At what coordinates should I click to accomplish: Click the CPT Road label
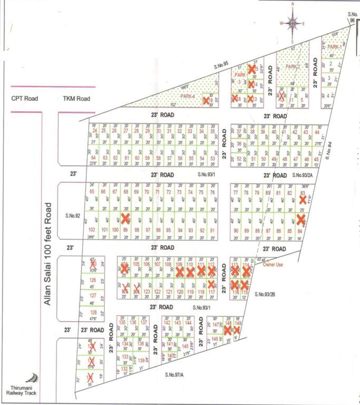pyautogui.click(x=25, y=99)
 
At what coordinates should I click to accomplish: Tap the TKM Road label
pyautogui.click(x=76, y=99)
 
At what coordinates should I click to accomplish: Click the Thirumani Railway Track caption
pyautogui.click(x=20, y=390)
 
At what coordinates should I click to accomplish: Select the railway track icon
pyautogui.click(x=35, y=378)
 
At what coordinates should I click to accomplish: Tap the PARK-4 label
pyautogui.click(x=188, y=96)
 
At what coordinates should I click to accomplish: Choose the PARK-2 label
pyautogui.click(x=293, y=67)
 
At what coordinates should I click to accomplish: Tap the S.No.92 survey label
pyautogui.click(x=74, y=215)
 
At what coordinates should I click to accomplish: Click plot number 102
pyautogui.click(x=92, y=230)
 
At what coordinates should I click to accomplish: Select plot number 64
pyautogui.click(x=94, y=158)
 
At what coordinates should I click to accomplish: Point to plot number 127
pyautogui.click(x=93, y=296)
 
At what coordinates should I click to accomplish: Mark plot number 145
pyautogui.click(x=185, y=345)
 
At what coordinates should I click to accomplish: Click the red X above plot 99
pyautogui.click(x=125, y=218)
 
